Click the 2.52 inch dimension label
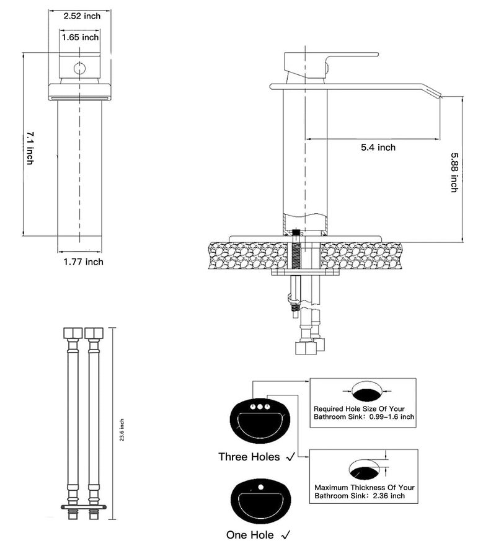tap(82, 16)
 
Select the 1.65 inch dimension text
tap(80, 37)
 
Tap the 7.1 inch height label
tap(30, 148)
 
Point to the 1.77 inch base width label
tap(83, 262)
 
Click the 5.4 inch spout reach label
tap(378, 148)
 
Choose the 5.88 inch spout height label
tap(454, 172)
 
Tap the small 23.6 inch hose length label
tap(122, 429)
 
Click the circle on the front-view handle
tap(80, 69)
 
